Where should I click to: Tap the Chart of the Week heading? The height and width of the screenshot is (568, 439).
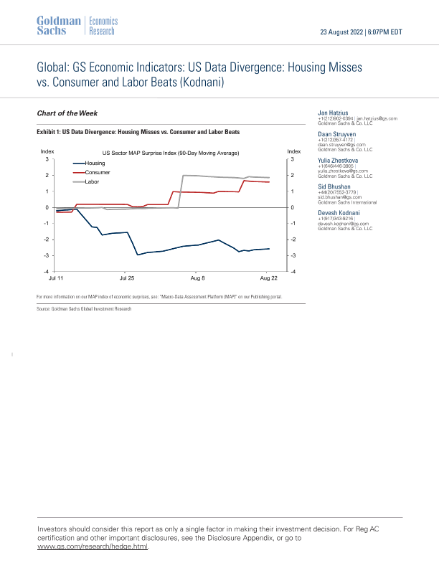pos(67,113)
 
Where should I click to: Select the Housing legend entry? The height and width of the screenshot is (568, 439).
pos(95,164)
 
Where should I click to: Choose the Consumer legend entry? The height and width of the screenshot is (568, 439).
pos(97,174)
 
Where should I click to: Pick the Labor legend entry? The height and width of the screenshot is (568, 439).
pos(92,183)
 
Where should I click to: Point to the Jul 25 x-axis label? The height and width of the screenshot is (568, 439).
pos(127,277)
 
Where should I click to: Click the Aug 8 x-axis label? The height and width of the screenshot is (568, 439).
pos(198,277)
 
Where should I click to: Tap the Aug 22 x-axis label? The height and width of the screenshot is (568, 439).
pos(268,277)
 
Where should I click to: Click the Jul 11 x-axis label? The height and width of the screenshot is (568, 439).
pos(57,277)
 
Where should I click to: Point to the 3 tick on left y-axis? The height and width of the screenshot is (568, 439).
pos(46,159)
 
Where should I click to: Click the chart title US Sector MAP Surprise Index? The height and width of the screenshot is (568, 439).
pos(170,153)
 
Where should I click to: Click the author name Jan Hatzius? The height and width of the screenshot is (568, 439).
pos(334,113)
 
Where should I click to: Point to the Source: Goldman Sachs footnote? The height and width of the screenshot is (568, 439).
pos(84,308)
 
